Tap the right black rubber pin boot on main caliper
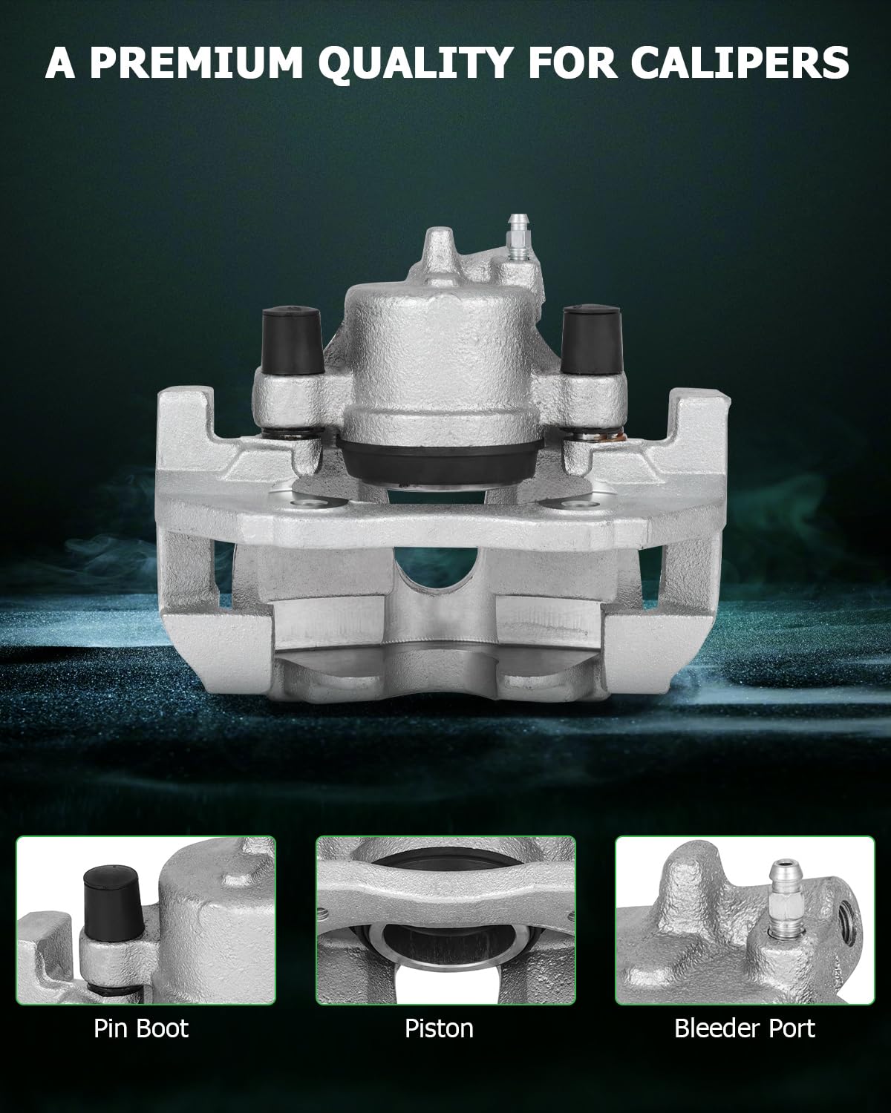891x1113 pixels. (585, 336)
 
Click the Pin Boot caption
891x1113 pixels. (141, 1028)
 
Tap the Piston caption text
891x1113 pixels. (439, 1028)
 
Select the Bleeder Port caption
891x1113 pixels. (744, 1028)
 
